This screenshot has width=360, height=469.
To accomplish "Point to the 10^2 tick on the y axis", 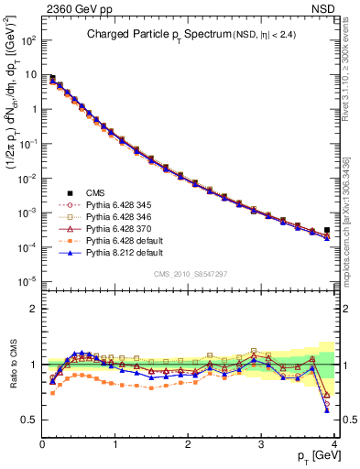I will tap(29, 41).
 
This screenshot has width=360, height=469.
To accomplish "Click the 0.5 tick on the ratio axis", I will tap(30, 420).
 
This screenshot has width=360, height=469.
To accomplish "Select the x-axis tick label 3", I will tap(262, 442).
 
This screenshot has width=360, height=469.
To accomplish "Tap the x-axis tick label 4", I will tap(334, 442).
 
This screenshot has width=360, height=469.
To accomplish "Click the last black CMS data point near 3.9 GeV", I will tap(327, 230).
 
